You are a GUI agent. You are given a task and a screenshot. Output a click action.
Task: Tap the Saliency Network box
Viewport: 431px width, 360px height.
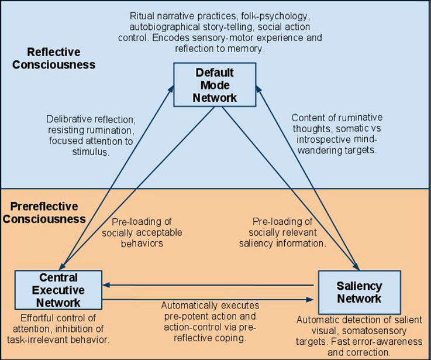[359, 292]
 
